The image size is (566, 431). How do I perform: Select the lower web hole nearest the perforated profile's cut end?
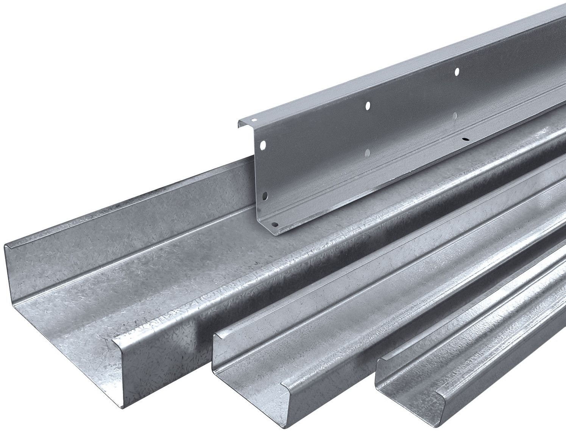tap(265, 196)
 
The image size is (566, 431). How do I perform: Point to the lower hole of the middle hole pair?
tap(367, 152)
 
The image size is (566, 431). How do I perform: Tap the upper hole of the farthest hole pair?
tap(457, 71)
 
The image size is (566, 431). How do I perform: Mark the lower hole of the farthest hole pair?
tap(455, 114)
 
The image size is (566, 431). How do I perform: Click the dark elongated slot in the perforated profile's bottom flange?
tap(466, 139)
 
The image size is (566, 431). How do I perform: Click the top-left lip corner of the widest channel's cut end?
tap(7, 246)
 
